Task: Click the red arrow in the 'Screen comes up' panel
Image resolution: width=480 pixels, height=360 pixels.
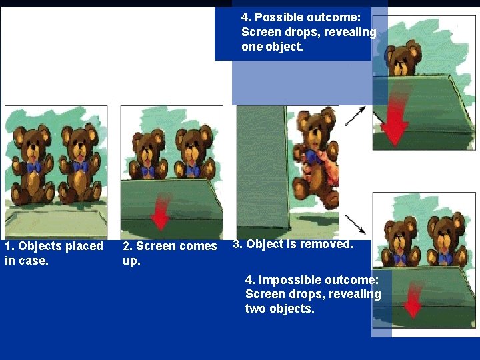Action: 161,211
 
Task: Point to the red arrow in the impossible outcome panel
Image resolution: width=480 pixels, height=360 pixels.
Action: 413,299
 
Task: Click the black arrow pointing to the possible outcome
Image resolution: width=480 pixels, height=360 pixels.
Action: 355,116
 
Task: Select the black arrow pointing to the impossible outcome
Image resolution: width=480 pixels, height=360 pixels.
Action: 355,225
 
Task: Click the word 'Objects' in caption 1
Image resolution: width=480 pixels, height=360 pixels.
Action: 39,246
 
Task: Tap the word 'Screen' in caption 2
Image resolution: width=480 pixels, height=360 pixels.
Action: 153,246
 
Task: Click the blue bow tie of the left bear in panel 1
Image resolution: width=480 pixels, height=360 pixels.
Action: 33,167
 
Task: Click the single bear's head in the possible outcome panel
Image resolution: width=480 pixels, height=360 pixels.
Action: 402,58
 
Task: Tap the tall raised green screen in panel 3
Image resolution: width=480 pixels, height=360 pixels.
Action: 263,168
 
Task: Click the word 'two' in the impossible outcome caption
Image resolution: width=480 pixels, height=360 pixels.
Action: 255,309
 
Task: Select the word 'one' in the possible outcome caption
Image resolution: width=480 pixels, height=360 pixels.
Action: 252,47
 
